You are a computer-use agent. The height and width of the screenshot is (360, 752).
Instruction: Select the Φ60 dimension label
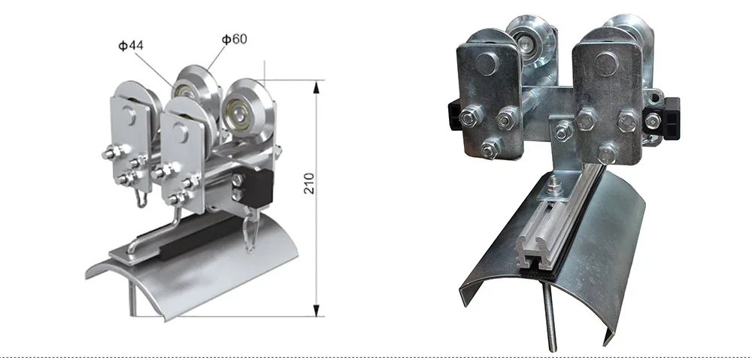234,38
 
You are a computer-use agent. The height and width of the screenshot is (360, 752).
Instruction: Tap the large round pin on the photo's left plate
486,64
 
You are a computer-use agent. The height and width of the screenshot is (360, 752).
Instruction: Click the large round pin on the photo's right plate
606,64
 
